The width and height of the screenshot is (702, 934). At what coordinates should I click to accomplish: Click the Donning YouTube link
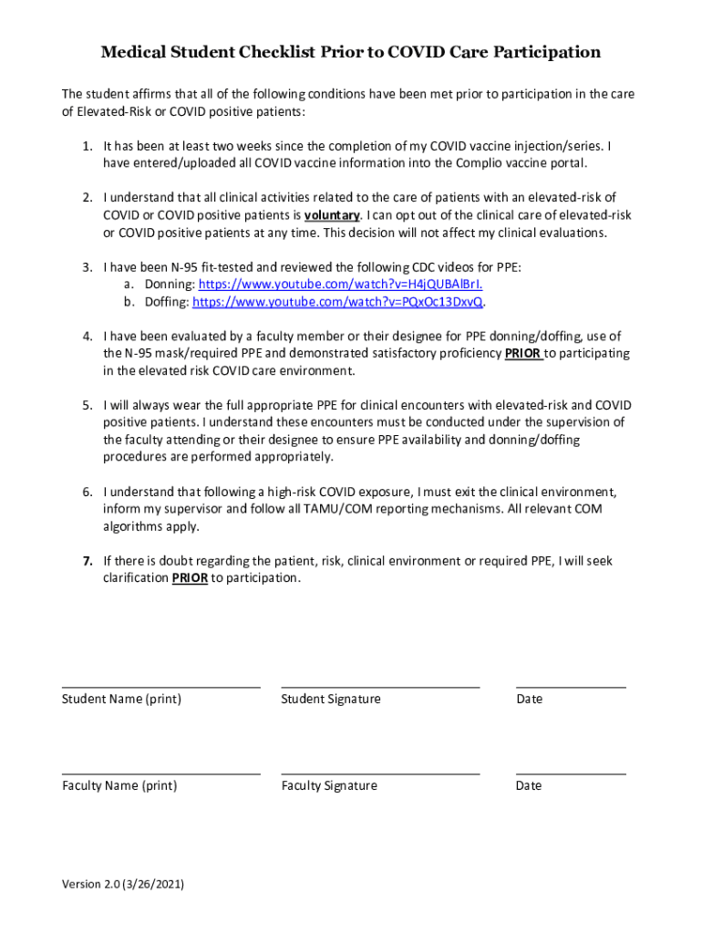coord(338,285)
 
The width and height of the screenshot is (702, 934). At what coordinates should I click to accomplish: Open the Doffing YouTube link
coord(338,302)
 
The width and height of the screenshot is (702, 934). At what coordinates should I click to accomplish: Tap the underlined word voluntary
coord(332,215)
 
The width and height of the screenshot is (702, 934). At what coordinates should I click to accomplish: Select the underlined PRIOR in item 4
coord(523,354)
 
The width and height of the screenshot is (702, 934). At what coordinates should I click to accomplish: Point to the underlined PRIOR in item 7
coord(190,578)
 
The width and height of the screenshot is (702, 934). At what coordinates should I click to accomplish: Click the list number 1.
coord(88,146)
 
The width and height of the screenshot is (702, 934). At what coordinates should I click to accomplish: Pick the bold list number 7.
coord(88,561)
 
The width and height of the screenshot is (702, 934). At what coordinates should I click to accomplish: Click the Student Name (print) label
coord(121,700)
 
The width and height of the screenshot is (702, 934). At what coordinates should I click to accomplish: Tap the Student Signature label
coord(331,700)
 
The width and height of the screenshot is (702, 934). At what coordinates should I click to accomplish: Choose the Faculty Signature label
coord(329,786)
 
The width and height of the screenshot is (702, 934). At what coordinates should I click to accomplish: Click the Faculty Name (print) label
coord(119,786)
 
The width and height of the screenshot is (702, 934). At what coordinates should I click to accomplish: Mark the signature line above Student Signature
coord(380,687)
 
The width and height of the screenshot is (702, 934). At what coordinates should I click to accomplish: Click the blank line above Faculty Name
coord(160,773)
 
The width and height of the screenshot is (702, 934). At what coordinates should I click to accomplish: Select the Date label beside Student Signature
coord(529,700)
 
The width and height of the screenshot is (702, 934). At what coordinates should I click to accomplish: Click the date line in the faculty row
coord(571,773)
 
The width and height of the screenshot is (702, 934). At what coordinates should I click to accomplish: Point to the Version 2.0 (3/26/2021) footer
coord(122,884)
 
